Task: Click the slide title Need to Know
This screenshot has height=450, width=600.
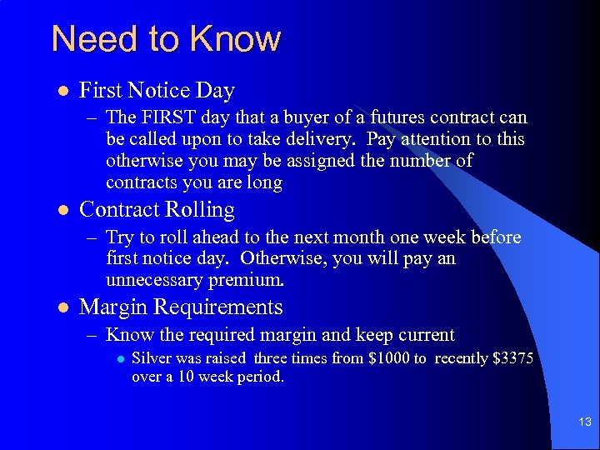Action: [x=166, y=38]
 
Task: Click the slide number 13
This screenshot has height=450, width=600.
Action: [x=584, y=422]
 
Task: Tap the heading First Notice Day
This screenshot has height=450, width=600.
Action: [x=157, y=90]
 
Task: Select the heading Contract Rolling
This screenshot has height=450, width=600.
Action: [x=157, y=209]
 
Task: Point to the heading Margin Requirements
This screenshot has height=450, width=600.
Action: [x=181, y=307]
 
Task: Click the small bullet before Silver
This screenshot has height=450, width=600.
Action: [x=121, y=359]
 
